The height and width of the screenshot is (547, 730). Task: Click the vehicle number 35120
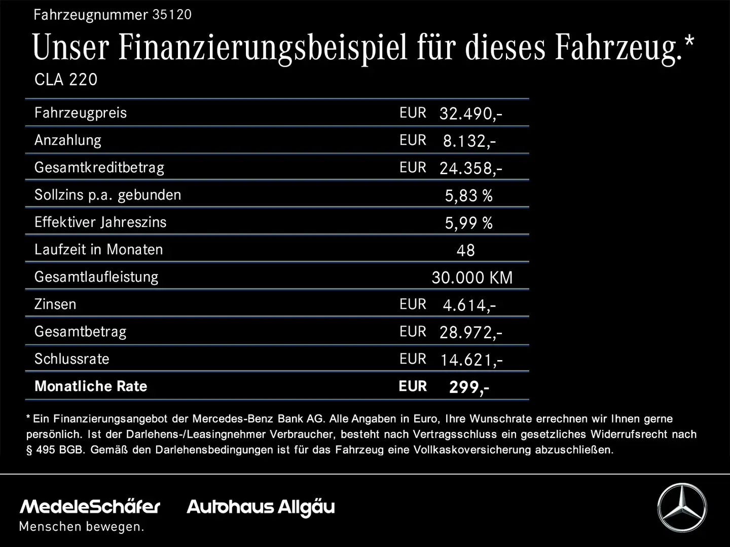[172, 15]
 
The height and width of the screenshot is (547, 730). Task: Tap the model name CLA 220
[66, 80]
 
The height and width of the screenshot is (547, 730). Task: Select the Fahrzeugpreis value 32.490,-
[470, 113]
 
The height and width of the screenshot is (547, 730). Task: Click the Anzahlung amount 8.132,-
[469, 141]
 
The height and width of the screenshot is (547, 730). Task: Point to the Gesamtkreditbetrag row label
[99, 168]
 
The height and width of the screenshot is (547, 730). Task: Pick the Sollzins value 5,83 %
[468, 196]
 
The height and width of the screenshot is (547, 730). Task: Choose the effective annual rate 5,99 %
[468, 223]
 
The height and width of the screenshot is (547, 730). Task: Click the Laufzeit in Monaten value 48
[465, 250]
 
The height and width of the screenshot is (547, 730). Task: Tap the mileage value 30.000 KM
[472, 278]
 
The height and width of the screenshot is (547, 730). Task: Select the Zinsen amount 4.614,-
[469, 305]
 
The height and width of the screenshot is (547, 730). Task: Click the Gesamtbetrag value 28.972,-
[470, 332]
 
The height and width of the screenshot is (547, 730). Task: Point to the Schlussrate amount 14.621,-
[471, 360]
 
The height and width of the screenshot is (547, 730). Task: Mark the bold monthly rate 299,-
[469, 387]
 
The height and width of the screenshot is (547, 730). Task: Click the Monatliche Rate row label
[91, 386]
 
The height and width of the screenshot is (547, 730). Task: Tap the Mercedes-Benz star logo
[682, 507]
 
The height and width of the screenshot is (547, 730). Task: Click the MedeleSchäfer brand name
[90, 506]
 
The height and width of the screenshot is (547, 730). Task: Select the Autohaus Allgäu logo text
[261, 507]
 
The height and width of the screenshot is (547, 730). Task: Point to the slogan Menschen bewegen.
[81, 527]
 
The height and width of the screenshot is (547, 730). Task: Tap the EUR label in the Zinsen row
[413, 304]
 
